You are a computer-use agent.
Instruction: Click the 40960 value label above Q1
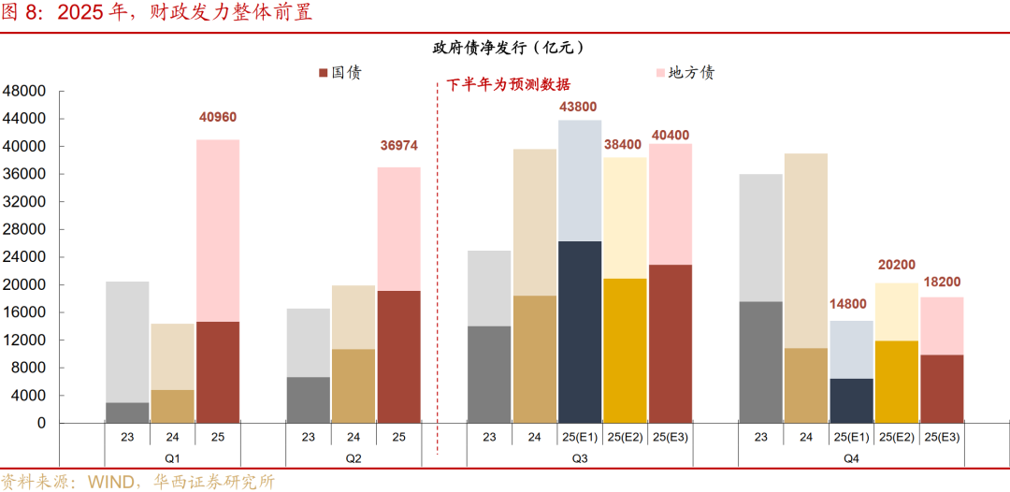point(218,117)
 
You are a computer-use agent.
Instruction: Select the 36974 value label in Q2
point(398,145)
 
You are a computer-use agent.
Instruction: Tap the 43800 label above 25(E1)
point(578,107)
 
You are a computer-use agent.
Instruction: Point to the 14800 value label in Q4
point(851,304)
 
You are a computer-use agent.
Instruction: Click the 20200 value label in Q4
point(896,265)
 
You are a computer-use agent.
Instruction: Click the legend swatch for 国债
point(324,73)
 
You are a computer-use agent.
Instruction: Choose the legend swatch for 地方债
point(660,73)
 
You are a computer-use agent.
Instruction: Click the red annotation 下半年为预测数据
point(508,84)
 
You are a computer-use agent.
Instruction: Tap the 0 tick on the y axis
point(39,424)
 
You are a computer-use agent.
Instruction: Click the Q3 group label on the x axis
point(579,458)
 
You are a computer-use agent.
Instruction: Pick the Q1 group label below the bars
point(172,458)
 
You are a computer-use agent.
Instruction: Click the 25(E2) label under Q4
point(896,436)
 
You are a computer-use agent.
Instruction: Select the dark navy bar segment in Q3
point(580,332)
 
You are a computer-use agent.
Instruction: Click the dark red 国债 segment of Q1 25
point(218,372)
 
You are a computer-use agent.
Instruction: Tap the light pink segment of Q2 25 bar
point(398,229)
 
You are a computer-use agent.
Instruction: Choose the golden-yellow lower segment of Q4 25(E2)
point(896,382)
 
